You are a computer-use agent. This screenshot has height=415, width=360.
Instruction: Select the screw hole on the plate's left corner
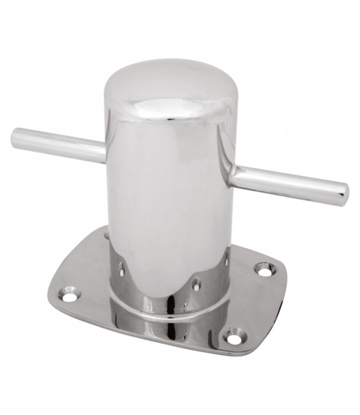coord(69,297)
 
